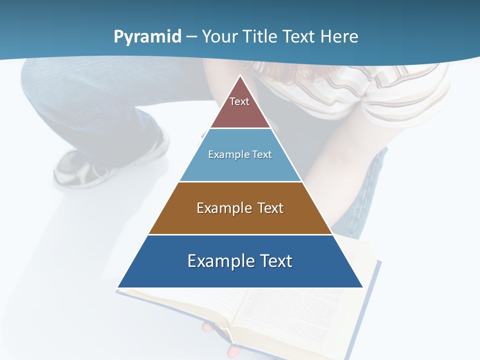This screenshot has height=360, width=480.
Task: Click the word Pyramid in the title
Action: coord(147,37)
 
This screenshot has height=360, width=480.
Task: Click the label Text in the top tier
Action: coord(239,101)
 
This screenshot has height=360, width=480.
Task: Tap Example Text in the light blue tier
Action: coord(240,154)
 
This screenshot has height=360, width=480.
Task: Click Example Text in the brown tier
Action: coord(240,208)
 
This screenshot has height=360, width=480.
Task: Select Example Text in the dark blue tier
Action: coord(240,261)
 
